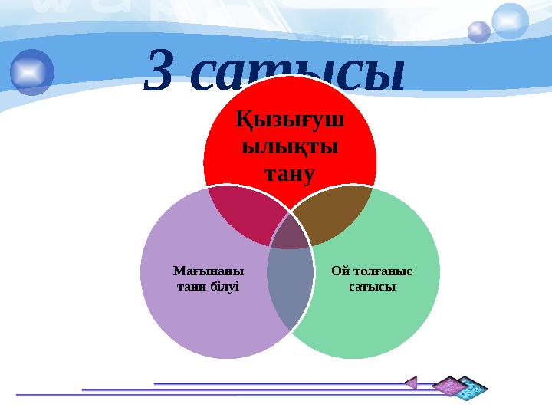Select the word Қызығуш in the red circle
point(290,121)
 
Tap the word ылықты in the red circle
point(290,147)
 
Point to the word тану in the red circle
point(290,173)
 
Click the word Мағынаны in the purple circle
point(209,271)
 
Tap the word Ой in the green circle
point(341,271)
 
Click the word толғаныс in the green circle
point(380,271)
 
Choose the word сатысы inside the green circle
point(371,286)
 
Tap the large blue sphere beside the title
point(32,71)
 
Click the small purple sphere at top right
point(479,31)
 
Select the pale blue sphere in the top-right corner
point(510,21)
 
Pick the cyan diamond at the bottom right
point(472,387)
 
